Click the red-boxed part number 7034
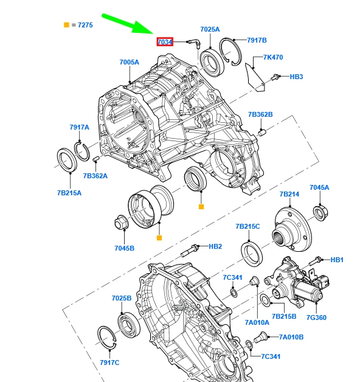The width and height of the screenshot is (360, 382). point(165,42)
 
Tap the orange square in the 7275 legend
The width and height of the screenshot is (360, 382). point(66,25)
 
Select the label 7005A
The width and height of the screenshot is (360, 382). point(129,63)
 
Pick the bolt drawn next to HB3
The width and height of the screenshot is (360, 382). point(275,77)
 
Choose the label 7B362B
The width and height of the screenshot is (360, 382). point(260,114)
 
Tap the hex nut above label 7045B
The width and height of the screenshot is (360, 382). point(120,223)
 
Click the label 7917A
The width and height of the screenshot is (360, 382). point(79,127)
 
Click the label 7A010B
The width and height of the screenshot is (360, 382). point(291,337)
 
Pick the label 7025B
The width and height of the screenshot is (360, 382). point(121,299)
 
